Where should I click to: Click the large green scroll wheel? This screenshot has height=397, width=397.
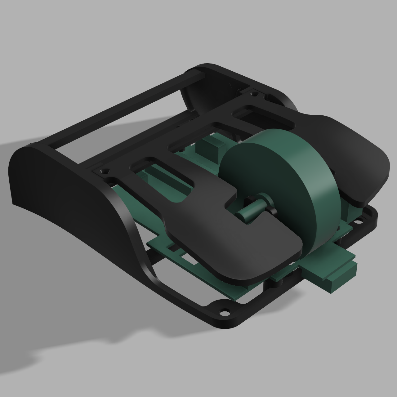click(279, 189)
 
